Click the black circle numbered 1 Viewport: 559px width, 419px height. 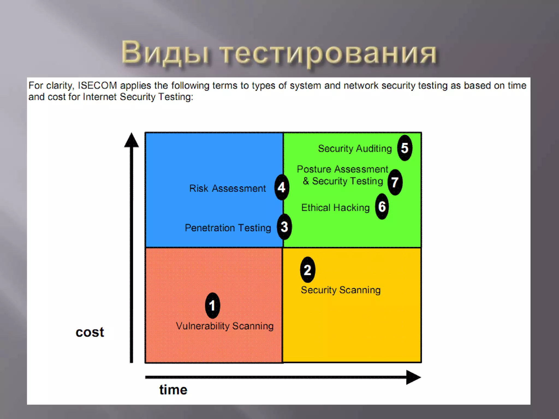coord(212,306)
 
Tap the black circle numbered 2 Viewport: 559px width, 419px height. coord(308,270)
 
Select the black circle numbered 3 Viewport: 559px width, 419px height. coord(284,227)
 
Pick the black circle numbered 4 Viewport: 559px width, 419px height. coord(282,187)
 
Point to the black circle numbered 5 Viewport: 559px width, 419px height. coord(405,148)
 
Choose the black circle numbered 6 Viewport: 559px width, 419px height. coord(382,206)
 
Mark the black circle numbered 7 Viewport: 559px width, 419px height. coord(395,182)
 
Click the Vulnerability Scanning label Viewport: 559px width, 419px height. coord(225,326)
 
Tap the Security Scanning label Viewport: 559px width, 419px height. coord(341,290)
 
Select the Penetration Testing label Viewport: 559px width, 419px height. coord(228,228)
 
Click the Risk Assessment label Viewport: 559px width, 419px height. coord(227,188)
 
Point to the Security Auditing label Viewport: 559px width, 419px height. coord(355,148)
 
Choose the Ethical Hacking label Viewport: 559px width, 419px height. coord(335,208)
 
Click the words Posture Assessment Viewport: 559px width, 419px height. coord(342,169)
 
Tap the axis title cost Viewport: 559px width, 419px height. coord(90,332)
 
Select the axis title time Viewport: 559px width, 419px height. coord(173,390)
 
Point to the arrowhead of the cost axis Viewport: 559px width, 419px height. coord(132,140)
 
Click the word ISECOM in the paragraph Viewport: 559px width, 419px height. coord(97,86)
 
